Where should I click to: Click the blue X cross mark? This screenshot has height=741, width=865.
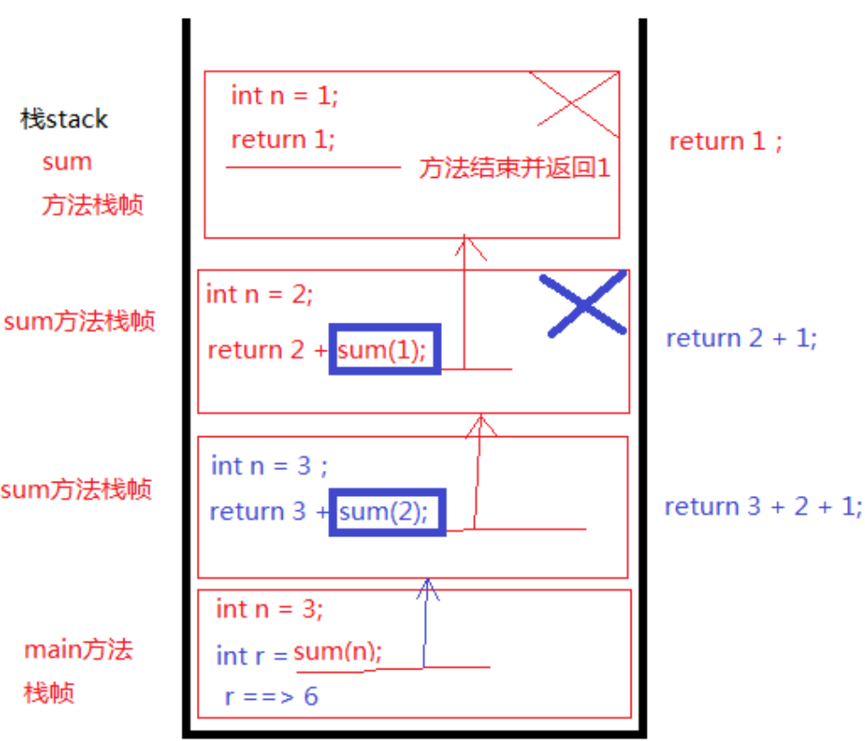tap(586, 305)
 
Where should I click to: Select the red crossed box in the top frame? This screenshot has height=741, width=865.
tap(573, 105)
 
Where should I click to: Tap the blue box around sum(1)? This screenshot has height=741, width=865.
tap(385, 349)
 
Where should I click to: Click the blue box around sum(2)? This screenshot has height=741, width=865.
tap(386, 512)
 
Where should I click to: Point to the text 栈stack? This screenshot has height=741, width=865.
tap(64, 119)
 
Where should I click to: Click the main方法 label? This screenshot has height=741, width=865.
tap(78, 649)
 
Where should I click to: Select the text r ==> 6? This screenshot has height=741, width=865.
tap(271, 695)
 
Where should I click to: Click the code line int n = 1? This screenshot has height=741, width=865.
tap(284, 95)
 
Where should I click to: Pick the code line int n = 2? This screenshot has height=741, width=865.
tap(259, 293)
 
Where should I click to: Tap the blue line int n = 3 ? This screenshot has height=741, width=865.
tap(269, 466)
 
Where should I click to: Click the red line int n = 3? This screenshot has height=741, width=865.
tap(268, 610)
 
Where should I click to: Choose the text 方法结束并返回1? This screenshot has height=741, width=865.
tap(514, 168)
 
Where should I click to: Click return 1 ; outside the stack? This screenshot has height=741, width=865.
tap(725, 141)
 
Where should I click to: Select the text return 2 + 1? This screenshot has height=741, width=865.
tap(742, 338)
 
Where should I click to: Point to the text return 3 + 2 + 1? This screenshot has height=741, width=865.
tap(763, 506)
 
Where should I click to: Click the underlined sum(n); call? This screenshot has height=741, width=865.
tap(337, 652)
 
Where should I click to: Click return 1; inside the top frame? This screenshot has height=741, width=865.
tap(283, 139)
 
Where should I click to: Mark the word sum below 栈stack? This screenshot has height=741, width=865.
tap(67, 162)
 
